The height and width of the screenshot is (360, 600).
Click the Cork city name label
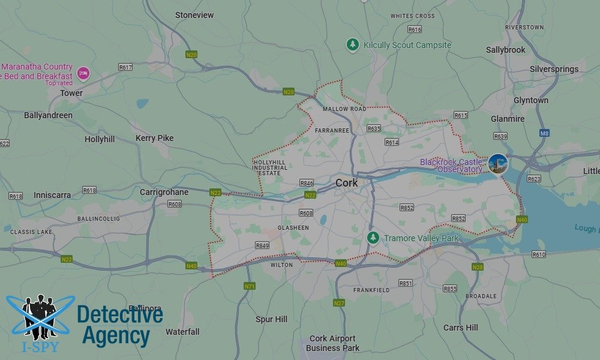[347, 183]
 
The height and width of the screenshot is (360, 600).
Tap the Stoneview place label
[194, 15]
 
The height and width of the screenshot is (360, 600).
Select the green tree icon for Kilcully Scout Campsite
[353, 45]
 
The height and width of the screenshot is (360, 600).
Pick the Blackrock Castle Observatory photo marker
[497, 164]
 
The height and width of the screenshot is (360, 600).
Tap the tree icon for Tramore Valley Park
[373, 238]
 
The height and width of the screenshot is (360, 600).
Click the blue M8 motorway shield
[544, 133]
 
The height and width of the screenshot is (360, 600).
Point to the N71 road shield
[249, 286]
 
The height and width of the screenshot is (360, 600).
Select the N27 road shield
[339, 303]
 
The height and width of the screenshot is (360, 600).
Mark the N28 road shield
[478, 267]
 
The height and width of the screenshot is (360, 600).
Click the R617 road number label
[125, 67]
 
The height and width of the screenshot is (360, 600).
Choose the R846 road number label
[307, 183]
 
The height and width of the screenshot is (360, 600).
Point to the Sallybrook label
[505, 50]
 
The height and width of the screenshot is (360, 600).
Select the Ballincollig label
[100, 219]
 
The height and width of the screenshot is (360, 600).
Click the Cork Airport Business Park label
[332, 343]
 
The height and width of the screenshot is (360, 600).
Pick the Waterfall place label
[182, 332]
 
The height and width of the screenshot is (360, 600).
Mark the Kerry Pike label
[154, 138]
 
